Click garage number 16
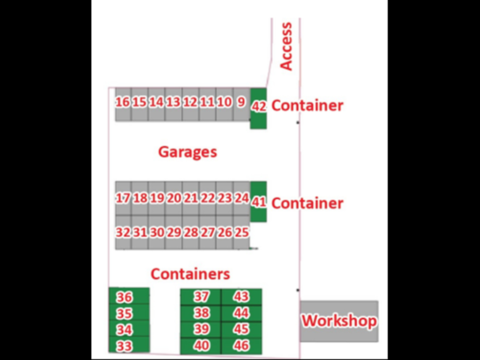tap(123, 105)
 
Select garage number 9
tap(242, 105)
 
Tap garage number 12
tap(190, 105)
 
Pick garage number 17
tap(123, 198)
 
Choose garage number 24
tap(242, 198)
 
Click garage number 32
tap(123, 232)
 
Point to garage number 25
tap(242, 232)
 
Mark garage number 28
tap(190, 232)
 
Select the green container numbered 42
tap(258, 109)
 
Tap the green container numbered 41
tap(258, 202)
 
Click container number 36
tap(129, 296)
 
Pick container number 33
tap(129, 345)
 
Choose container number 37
tap(201, 297)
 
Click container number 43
tap(241, 297)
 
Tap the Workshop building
tap(339, 321)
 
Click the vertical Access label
tap(286, 46)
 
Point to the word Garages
tap(187, 152)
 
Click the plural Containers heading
tap(190, 274)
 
